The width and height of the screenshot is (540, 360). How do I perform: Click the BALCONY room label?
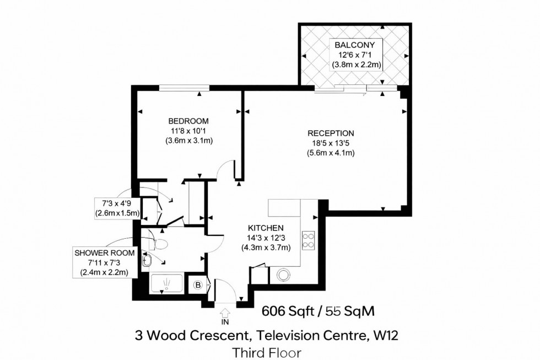click(x=353, y=45)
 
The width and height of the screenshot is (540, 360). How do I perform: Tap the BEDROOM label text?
click(x=188, y=121)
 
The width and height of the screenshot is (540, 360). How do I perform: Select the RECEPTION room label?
click(x=331, y=133)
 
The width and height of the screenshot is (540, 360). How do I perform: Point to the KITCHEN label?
click(x=266, y=228)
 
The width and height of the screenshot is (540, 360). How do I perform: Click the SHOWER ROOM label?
click(x=105, y=253)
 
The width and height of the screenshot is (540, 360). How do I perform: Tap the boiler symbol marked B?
click(x=197, y=285)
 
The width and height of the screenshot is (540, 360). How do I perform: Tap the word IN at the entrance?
click(x=225, y=321)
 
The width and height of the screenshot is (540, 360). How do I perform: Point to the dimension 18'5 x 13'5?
click(x=331, y=143)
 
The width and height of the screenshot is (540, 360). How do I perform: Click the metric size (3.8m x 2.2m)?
click(x=357, y=65)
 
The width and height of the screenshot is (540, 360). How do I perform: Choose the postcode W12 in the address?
click(x=396, y=335)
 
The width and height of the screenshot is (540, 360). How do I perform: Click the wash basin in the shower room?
click(x=147, y=261)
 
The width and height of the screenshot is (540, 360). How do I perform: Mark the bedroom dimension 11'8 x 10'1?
click(x=189, y=131)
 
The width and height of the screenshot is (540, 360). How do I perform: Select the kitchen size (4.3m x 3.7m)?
click(x=266, y=248)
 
